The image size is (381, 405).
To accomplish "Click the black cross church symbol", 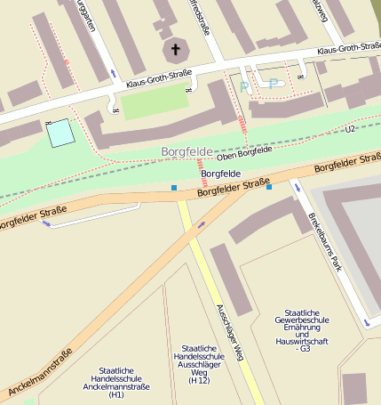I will pos(175,50).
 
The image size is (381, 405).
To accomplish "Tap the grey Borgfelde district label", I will pos(187,152).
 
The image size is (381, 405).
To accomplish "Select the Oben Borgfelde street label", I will pos(244,153).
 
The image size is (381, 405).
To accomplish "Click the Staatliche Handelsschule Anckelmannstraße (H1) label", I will pos(116,382).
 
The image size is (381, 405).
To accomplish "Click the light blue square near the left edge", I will pos(60,133).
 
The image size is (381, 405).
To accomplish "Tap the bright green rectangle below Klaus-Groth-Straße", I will pos(155,103).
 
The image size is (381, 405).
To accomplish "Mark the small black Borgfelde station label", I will pos(221,174).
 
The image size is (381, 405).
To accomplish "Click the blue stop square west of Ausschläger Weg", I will pos(174,188).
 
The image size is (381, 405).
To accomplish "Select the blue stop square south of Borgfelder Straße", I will pos(269,188).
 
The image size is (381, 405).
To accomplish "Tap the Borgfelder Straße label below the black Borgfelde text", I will pos(233,187).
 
